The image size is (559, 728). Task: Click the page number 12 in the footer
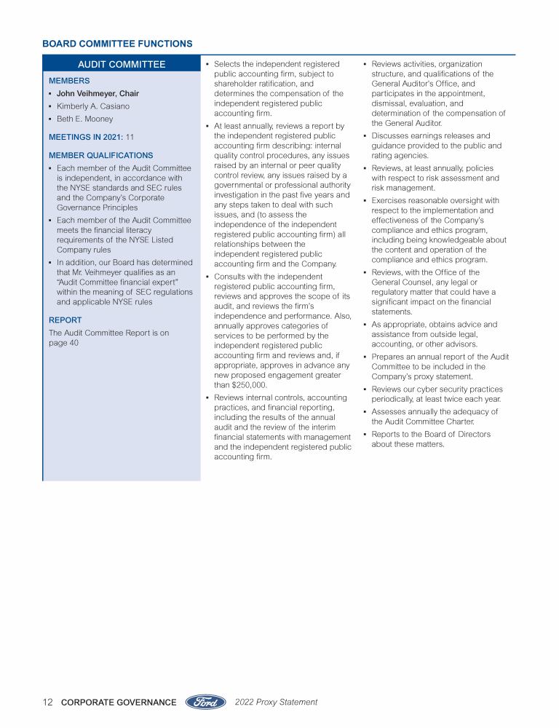click(48, 703)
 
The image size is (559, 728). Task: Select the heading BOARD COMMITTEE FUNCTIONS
click(117, 44)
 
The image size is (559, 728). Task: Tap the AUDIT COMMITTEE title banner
click(122, 65)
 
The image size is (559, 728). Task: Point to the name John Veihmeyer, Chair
click(98, 93)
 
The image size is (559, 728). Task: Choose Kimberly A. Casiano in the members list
click(93, 106)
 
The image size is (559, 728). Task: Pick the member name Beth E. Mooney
click(85, 119)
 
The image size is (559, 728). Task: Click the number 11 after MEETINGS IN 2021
click(130, 137)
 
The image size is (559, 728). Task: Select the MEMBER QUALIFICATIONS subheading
click(100, 155)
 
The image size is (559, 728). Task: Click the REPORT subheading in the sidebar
click(65, 320)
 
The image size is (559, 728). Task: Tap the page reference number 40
click(74, 343)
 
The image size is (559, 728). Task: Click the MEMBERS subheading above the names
click(69, 81)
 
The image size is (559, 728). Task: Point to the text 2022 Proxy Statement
click(276, 703)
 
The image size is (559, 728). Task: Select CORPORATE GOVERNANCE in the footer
click(119, 703)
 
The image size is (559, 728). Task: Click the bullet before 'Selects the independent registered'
click(207, 65)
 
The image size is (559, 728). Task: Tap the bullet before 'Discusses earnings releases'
click(365, 136)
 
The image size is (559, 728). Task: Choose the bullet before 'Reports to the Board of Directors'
click(365, 435)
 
